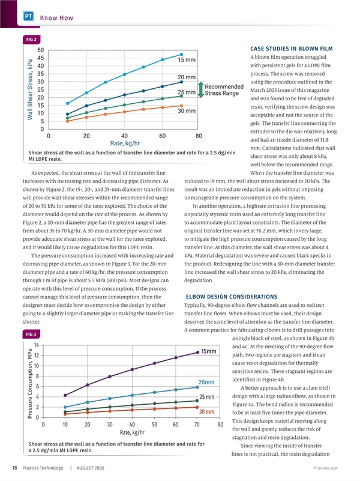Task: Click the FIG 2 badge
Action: (x=32, y=40)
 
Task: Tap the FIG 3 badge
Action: (x=32, y=334)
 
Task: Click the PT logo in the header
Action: (x=28, y=16)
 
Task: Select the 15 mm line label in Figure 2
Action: (x=187, y=60)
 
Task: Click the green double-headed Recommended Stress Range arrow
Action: (x=200, y=89)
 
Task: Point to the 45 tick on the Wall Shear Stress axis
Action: (x=41, y=58)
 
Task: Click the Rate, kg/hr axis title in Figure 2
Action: (x=125, y=144)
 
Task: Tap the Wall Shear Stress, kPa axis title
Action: (x=30, y=89)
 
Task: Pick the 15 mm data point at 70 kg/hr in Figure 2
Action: (x=181, y=55)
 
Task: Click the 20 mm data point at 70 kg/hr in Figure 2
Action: (x=181, y=82)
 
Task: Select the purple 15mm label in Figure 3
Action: (x=209, y=351)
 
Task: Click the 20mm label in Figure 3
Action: (x=206, y=383)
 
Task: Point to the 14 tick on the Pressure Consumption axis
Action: (x=37, y=345)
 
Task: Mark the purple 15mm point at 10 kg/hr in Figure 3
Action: (x=65, y=395)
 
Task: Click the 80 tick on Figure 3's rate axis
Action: (x=220, y=425)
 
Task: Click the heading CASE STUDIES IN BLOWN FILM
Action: (x=292, y=49)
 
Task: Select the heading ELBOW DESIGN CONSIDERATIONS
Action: (x=232, y=297)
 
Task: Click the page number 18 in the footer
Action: (x=14, y=468)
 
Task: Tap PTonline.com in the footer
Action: (x=325, y=468)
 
